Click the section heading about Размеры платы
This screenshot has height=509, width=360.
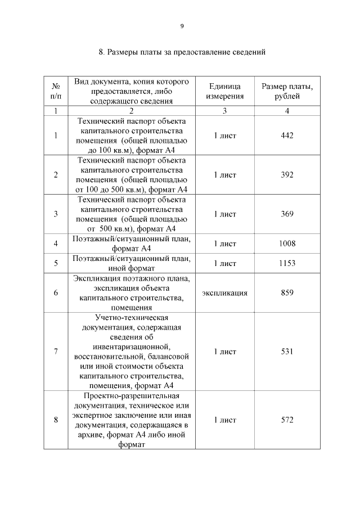[182, 53]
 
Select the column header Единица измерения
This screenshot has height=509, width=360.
[224, 91]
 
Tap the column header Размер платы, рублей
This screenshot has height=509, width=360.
[287, 91]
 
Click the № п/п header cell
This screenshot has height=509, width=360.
[56, 91]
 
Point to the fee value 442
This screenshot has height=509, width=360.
[287, 136]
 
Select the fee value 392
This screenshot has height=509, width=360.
[287, 175]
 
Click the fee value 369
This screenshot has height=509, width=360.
[287, 214]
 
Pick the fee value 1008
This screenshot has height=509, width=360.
[287, 244]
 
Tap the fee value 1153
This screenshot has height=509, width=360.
[287, 263]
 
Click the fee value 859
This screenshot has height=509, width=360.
[287, 293]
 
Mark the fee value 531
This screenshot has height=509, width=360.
[287, 352]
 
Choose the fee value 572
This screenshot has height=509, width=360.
[287, 420]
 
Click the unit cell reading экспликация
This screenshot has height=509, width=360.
[224, 293]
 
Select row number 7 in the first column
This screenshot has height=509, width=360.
[56, 352]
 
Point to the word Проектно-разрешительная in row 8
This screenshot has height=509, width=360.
[131, 395]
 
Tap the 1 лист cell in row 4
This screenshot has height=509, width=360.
[224, 244]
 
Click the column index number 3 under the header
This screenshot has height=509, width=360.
[224, 111]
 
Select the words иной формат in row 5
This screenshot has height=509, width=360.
[131, 268]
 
